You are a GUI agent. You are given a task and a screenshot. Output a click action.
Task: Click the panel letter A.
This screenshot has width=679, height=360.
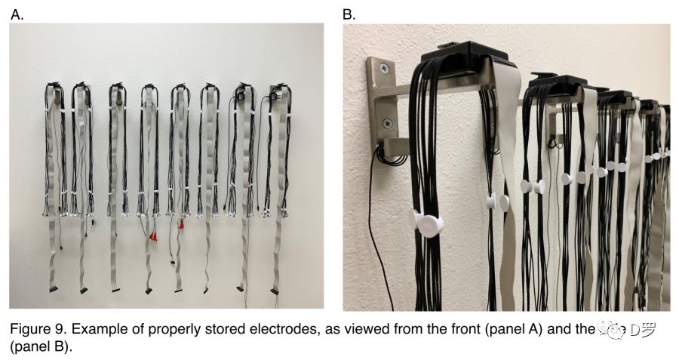[x=16, y=14]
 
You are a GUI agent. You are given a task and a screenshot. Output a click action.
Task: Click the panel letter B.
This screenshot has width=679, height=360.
[x=349, y=14]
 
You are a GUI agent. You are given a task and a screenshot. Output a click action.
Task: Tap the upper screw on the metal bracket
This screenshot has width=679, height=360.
[x=386, y=69]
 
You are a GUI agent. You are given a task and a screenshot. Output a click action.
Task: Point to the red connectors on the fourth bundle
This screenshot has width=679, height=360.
[x=153, y=236]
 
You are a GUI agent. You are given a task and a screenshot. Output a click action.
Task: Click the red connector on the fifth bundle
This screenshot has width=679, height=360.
[x=181, y=224]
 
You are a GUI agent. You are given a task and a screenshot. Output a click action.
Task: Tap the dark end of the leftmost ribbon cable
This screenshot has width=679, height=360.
[x=52, y=288]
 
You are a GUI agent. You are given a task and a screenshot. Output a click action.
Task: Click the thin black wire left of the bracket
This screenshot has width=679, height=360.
[x=371, y=226]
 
